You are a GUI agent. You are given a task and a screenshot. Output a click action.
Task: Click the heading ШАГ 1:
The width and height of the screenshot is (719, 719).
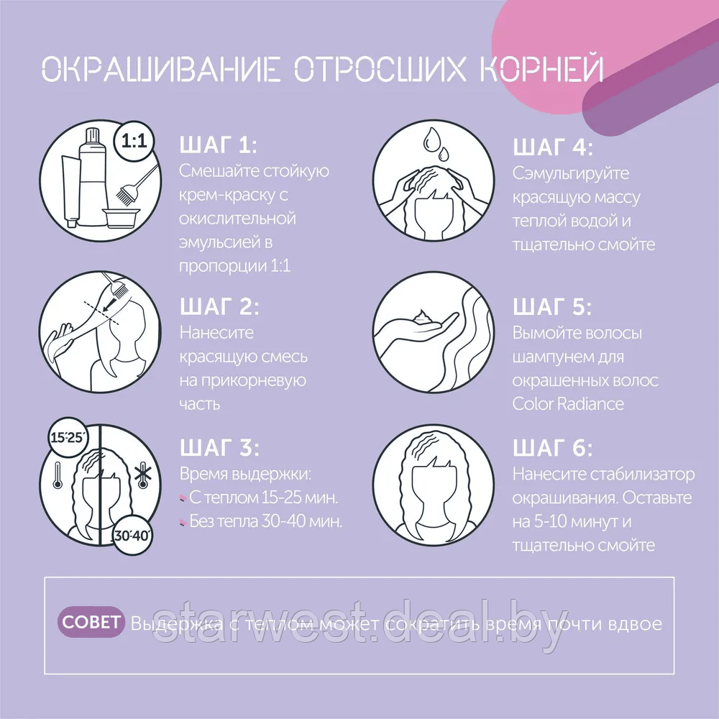point(217,147)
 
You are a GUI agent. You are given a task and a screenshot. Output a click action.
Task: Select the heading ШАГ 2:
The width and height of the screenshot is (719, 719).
point(219,307)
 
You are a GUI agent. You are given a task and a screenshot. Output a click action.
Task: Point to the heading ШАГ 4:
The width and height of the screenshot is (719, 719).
point(553,147)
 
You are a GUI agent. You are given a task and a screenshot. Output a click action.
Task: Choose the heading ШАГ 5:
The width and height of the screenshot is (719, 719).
point(552,307)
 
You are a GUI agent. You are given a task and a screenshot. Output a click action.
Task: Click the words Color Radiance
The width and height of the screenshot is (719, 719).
point(568,403)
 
